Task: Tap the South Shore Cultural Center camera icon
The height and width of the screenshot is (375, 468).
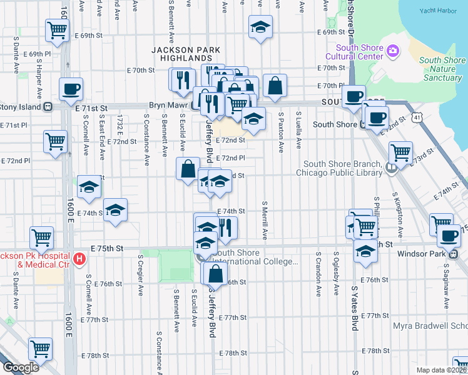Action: coord(393,51)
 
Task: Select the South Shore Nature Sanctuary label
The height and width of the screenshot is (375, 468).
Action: coord(442,69)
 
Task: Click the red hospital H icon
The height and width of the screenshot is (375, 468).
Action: coord(79,258)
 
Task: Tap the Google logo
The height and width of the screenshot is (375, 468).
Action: coord(21,367)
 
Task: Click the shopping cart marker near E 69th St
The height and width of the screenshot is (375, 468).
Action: coord(56,29)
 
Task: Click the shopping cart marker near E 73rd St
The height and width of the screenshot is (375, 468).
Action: coord(400,151)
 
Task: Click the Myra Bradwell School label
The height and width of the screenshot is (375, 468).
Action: coord(430,326)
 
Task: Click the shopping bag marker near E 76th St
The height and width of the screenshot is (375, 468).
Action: coord(215,273)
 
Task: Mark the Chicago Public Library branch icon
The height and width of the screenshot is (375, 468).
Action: coord(391,167)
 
